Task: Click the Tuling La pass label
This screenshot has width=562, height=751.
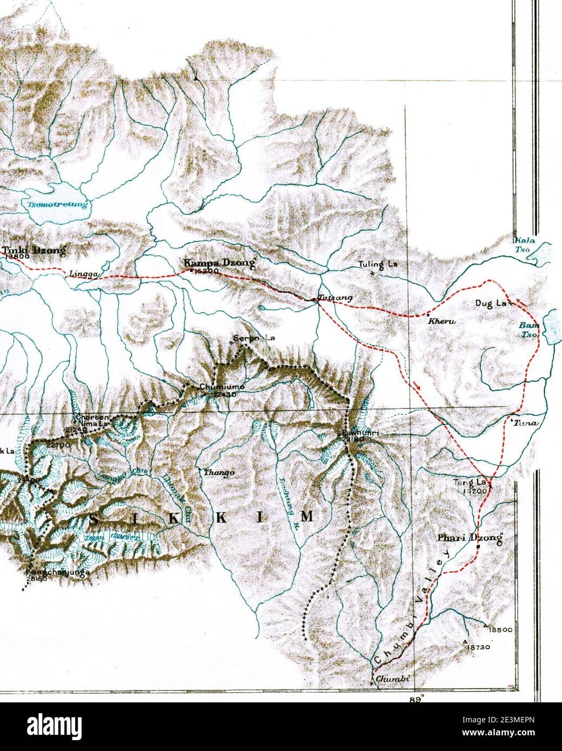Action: [377, 265]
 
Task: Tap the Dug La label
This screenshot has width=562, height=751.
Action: [490, 304]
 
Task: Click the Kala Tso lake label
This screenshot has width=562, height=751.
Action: [524, 244]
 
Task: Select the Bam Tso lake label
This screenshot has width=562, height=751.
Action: [526, 330]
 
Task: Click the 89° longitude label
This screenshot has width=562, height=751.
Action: [416, 698]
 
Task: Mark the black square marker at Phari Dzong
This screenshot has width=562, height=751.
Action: [478, 547]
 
